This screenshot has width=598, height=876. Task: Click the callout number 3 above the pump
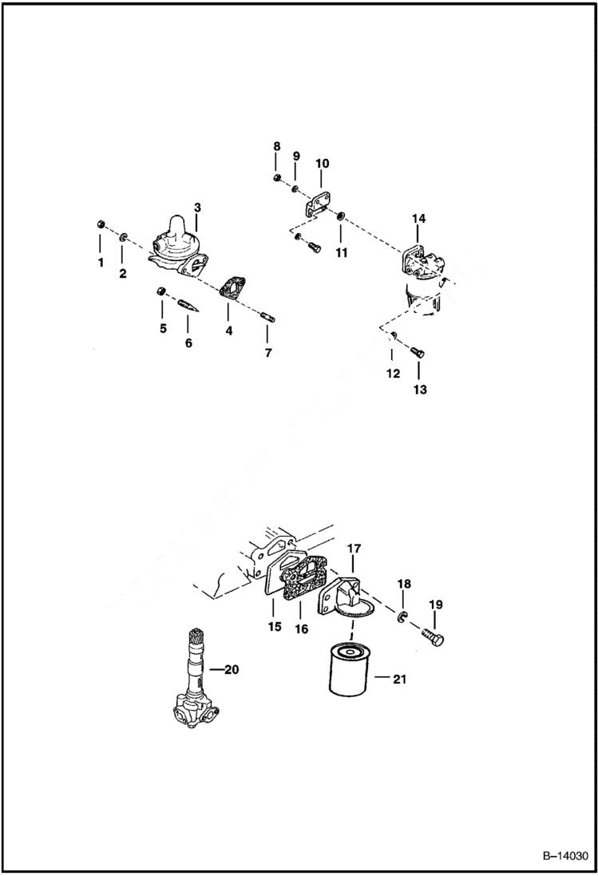coord(197,208)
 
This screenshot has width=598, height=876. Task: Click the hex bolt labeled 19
coord(431,636)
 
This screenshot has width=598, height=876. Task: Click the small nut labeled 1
coord(101,223)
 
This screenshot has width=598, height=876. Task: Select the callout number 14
coord(419,218)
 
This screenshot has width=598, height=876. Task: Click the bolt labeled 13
coord(418,352)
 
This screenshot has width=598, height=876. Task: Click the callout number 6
coord(188,343)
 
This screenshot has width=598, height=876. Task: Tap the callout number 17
coord(354,549)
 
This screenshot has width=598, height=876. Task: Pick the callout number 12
coord(394,374)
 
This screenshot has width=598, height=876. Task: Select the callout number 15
coord(275,627)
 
